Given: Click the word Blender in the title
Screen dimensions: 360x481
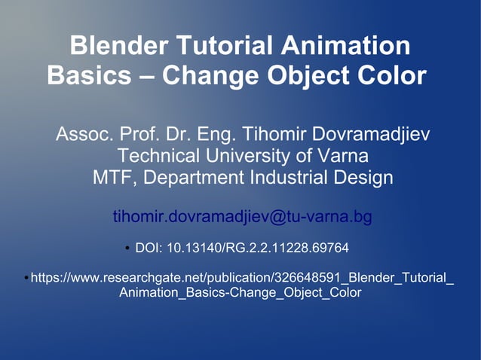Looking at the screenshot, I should click(x=118, y=46).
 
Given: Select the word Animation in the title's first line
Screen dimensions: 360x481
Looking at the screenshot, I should click(x=345, y=46).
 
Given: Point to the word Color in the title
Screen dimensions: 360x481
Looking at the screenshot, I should click(x=388, y=75).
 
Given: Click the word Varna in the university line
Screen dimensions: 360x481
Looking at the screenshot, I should click(x=342, y=157).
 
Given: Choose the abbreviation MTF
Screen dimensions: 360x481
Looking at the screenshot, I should click(x=114, y=178).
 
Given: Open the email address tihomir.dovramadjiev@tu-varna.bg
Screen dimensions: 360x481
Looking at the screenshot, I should click(x=242, y=217).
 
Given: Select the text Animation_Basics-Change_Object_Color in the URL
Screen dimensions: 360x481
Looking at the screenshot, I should click(x=240, y=293).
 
